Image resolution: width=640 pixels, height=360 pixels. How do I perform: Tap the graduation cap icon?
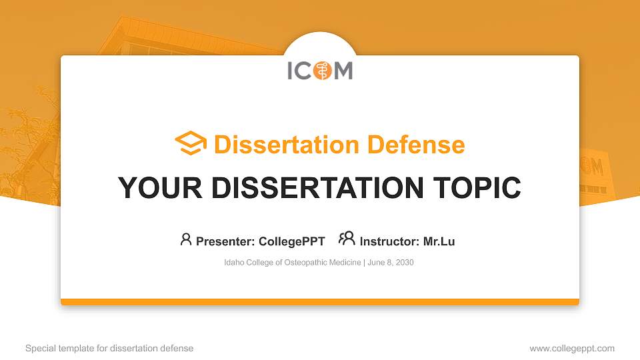tap(191, 144)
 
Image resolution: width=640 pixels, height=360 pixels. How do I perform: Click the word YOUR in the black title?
tap(155, 188)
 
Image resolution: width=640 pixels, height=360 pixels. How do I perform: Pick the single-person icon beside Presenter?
tap(186, 239)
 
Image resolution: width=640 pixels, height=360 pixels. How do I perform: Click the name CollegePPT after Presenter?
tap(292, 241)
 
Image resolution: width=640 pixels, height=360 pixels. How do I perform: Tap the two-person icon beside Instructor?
tap(347, 239)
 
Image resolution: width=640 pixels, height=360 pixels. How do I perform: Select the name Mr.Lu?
tap(439, 241)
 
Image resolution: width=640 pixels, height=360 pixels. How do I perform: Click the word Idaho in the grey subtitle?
tap(234, 263)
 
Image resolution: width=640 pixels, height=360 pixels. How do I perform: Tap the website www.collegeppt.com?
tap(572, 348)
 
